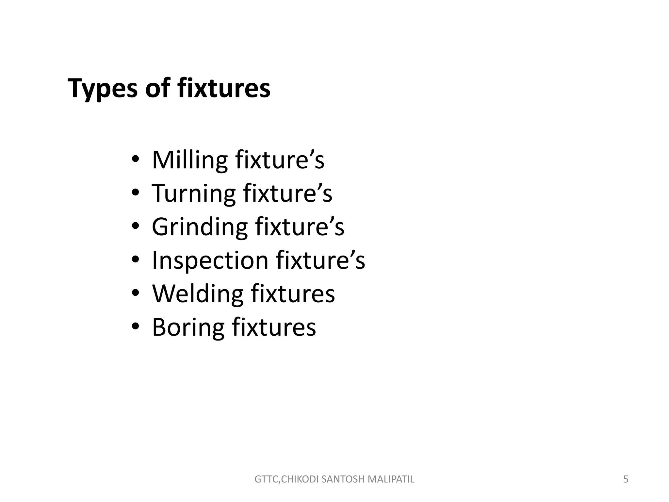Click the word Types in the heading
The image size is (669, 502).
pos(102,89)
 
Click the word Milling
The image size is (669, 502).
pos(190,160)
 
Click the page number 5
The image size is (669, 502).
pos(626,479)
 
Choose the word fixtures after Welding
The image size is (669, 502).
pos(293,293)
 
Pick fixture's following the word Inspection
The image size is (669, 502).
pos(320,260)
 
